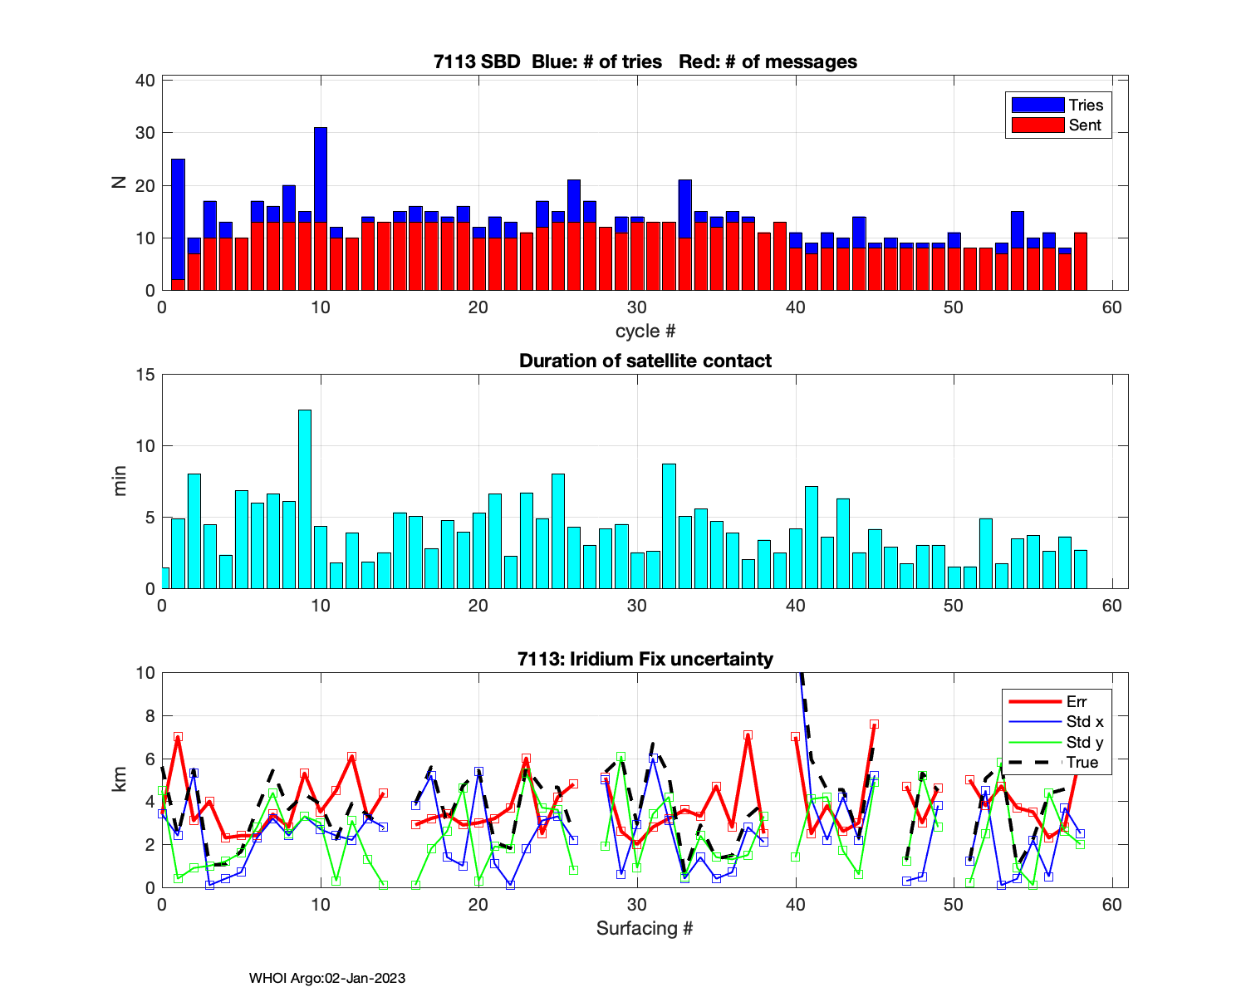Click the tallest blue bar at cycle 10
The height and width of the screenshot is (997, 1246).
(x=321, y=174)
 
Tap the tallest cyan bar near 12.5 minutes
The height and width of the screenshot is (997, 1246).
(x=305, y=498)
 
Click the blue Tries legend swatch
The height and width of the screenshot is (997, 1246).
(x=1038, y=105)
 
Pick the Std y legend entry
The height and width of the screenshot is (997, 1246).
(x=1084, y=742)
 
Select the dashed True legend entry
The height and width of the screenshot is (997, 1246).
(x=1082, y=763)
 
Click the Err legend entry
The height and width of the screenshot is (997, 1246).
(x=1077, y=702)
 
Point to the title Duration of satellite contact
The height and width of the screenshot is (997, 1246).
(x=645, y=361)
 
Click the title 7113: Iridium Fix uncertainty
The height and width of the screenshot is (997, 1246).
(x=645, y=660)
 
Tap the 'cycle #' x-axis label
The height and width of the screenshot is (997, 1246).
(x=645, y=332)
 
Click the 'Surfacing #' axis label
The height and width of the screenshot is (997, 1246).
(x=645, y=928)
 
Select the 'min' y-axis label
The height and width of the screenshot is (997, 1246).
(x=121, y=481)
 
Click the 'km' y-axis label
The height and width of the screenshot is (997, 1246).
(x=121, y=778)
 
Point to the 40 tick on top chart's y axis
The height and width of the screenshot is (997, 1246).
(x=145, y=81)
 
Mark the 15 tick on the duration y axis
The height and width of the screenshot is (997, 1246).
(x=145, y=375)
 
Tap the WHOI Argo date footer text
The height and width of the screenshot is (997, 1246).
(x=327, y=979)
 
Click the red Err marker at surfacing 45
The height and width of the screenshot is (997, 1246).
(x=874, y=724)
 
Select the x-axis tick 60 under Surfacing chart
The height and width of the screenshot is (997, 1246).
(x=1111, y=905)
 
